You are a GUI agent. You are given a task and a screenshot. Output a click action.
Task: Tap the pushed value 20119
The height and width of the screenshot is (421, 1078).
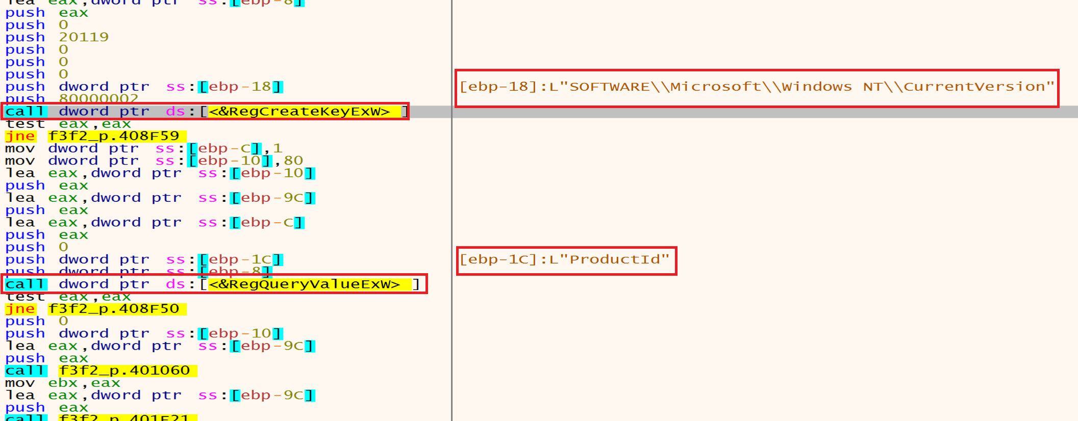point(84,37)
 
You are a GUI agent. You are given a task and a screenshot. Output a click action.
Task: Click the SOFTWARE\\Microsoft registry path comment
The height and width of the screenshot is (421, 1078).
point(756,87)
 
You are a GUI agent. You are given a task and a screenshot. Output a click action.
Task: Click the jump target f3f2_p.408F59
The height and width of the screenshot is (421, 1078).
point(117,136)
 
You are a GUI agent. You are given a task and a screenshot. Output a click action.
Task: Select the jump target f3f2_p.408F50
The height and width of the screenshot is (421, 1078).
point(117,309)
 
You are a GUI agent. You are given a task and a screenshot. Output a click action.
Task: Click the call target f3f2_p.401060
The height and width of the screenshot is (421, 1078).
point(128,371)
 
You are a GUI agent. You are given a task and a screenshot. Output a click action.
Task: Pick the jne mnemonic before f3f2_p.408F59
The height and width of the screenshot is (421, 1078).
point(20,136)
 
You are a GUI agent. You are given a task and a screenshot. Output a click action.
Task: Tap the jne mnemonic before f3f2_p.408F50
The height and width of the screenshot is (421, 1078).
point(20,309)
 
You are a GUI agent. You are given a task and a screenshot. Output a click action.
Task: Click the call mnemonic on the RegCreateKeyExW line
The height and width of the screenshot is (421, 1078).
point(26,112)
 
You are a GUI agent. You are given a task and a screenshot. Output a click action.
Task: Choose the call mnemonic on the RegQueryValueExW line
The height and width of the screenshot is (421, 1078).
point(26,284)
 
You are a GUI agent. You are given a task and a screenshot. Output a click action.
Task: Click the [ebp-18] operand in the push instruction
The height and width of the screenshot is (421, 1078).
point(240,87)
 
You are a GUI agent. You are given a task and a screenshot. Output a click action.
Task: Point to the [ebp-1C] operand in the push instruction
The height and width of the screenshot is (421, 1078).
point(240,259)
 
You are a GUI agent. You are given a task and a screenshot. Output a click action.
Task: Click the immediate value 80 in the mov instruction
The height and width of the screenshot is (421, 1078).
point(293,161)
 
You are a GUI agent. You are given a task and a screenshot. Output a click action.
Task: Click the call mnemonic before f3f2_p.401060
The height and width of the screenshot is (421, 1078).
point(26,371)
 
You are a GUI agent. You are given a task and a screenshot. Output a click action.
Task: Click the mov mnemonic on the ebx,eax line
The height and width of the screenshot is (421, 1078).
point(20,383)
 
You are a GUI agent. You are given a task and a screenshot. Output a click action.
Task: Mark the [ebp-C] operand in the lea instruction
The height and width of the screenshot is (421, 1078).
point(267,223)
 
